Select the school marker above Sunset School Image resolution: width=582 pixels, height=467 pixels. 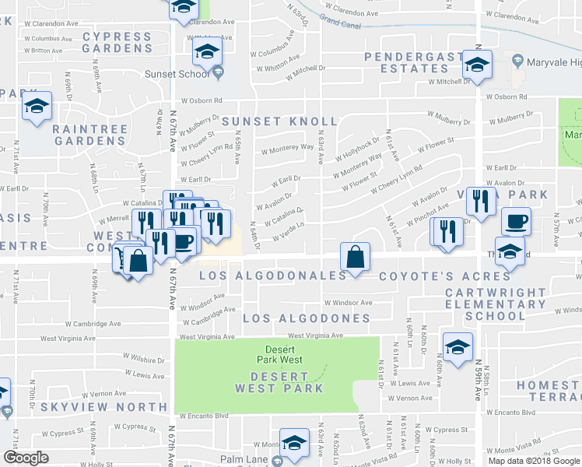(x=208, y=53)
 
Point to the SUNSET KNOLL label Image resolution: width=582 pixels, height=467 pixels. (x=279, y=122)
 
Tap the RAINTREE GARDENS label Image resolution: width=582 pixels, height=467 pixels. (x=89, y=135)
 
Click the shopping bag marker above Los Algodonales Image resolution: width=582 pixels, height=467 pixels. (x=354, y=257)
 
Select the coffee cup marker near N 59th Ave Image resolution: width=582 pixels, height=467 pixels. (x=516, y=223)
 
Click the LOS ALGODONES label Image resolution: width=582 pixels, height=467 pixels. (x=306, y=318)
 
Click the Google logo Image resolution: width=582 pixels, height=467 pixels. (x=25, y=458)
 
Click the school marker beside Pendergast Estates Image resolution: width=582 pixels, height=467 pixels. (x=477, y=65)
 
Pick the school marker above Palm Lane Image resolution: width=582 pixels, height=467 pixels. (x=294, y=444)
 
